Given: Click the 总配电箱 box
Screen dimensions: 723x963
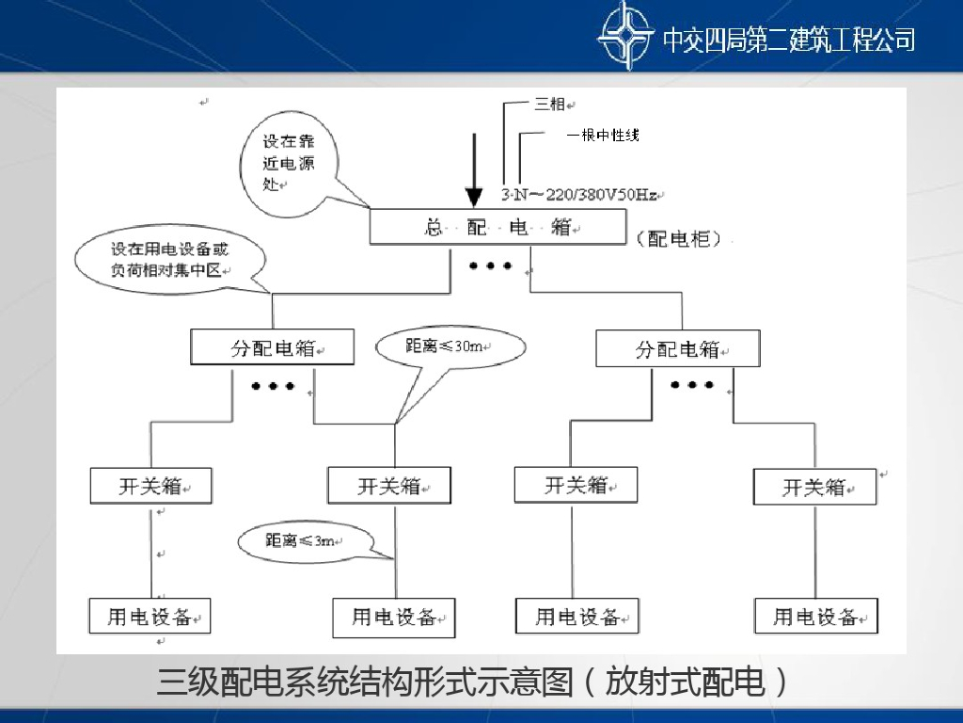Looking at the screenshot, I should tap(497, 227).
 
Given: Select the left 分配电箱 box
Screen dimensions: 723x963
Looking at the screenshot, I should tap(273, 347).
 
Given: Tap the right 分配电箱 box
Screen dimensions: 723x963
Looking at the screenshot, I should tap(678, 349).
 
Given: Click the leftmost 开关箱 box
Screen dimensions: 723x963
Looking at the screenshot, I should tap(150, 486).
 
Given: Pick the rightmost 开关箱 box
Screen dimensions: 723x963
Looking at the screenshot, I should tap(814, 487).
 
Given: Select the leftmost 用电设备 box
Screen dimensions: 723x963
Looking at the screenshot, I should tap(150, 616).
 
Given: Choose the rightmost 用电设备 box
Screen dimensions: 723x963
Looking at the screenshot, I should tap(815, 617).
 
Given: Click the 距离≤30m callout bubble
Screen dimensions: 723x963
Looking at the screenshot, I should tap(450, 346).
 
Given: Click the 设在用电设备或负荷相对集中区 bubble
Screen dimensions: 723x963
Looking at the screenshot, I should tap(169, 260).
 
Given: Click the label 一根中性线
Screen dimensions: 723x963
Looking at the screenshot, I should tap(603, 136).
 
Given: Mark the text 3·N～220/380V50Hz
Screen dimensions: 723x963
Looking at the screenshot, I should tap(578, 195).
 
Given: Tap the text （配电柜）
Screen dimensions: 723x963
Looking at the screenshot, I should tap(679, 239).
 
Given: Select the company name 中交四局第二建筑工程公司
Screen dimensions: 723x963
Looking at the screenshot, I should tap(788, 40).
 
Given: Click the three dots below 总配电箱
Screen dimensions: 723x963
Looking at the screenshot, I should tap(490, 266).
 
